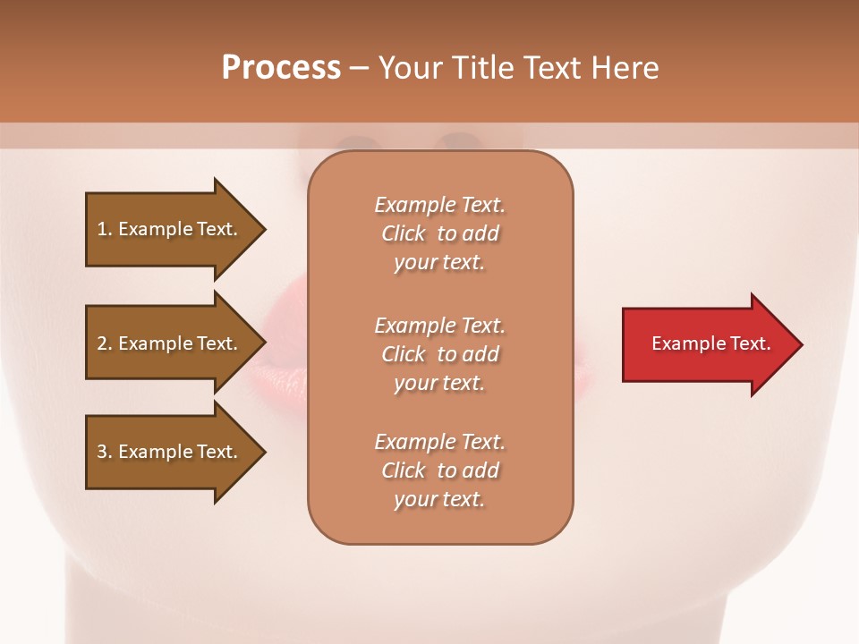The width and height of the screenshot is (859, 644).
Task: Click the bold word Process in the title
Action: tap(281, 68)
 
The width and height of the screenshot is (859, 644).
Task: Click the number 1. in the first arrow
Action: tap(105, 229)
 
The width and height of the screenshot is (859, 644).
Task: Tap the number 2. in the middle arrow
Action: tap(105, 343)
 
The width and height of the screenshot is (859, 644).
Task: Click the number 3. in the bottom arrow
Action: tap(105, 452)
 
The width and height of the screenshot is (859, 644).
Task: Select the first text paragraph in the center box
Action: tap(439, 233)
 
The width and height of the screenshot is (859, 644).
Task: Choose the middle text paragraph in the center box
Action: tap(439, 354)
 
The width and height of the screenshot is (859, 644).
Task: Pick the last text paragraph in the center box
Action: tap(439, 470)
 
